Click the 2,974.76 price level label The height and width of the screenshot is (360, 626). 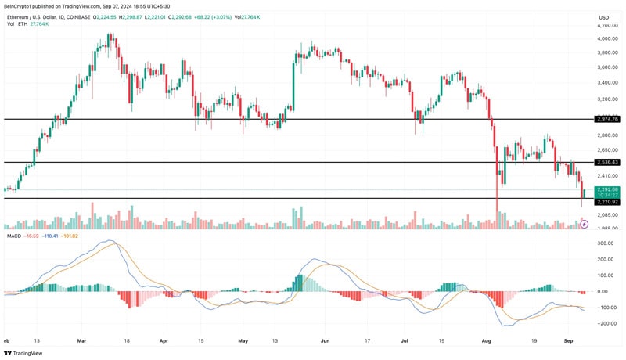coord(607,119)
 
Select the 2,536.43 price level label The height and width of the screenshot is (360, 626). coord(607,162)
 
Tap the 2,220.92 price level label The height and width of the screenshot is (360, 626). coord(607,201)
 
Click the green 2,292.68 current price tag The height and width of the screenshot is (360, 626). coord(607,189)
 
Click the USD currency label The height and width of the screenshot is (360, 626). coord(604,17)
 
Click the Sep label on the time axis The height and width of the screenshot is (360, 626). coord(570,341)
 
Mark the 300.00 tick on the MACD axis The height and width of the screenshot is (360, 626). coord(606,243)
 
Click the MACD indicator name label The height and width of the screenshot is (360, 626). coord(13,236)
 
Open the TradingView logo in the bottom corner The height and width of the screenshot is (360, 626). coord(25,352)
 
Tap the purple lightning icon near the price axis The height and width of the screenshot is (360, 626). coord(584,224)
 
